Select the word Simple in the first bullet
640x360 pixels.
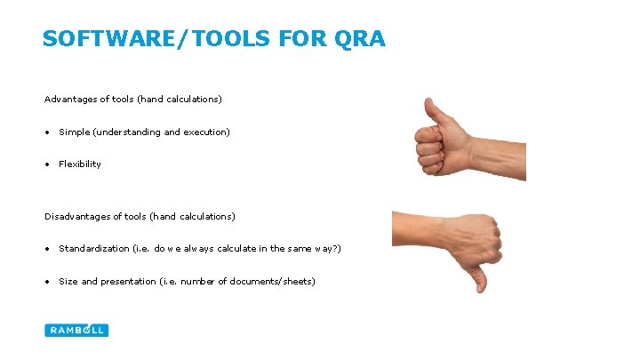(75, 132)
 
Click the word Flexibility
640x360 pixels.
(80, 164)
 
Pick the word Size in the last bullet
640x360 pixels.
(68, 282)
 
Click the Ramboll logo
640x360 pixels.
(76, 330)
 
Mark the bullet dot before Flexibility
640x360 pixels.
(48, 164)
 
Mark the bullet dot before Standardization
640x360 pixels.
(48, 249)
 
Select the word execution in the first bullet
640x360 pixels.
(206, 132)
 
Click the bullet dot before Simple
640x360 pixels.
(48, 132)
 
